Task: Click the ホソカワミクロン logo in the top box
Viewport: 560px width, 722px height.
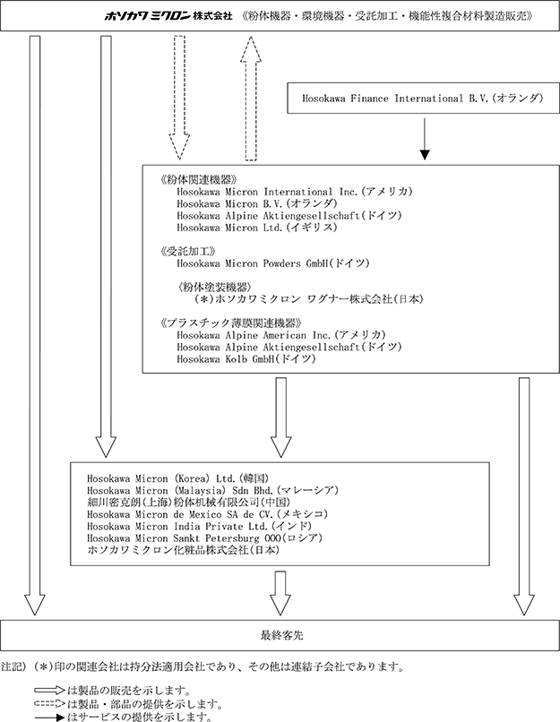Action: point(147,16)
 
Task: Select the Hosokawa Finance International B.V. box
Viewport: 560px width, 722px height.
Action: point(423,98)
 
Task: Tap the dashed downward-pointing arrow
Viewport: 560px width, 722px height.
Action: point(179,98)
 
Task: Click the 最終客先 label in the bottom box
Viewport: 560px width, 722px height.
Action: point(282,635)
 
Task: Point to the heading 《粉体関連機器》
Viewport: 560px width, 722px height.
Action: point(199,180)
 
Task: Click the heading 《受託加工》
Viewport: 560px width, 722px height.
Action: point(188,252)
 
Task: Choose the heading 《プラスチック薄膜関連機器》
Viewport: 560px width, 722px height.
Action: point(231,322)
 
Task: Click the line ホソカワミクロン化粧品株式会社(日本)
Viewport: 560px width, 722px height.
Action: point(184,550)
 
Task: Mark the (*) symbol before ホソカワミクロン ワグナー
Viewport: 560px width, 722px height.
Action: point(203,299)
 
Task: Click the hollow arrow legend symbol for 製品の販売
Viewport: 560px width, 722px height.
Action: point(50,691)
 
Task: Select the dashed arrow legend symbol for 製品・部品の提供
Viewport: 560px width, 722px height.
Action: point(50,703)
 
